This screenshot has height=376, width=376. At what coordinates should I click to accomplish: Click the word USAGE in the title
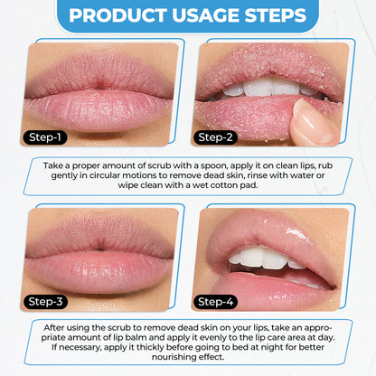point(207,16)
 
